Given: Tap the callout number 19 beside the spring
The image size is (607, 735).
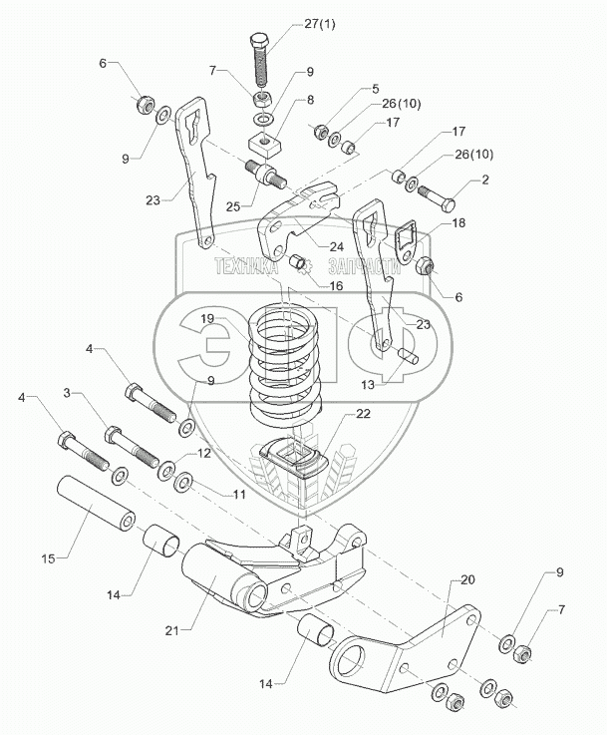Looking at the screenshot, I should point(207,318).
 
